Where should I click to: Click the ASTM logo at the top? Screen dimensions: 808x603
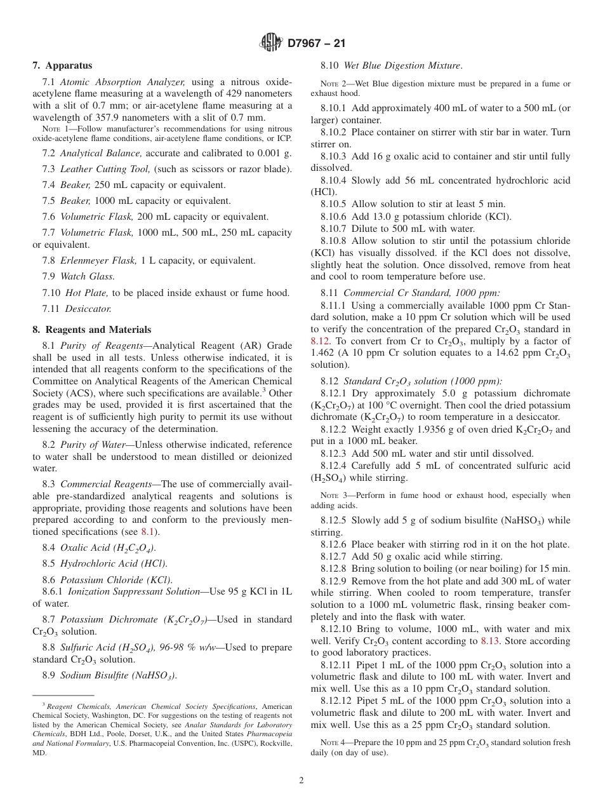coord(271,43)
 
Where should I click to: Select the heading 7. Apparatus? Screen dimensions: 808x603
coord(62,65)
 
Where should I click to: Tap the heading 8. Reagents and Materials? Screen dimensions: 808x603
coord(92,330)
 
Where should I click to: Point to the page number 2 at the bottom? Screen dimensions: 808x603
coord(301,781)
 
